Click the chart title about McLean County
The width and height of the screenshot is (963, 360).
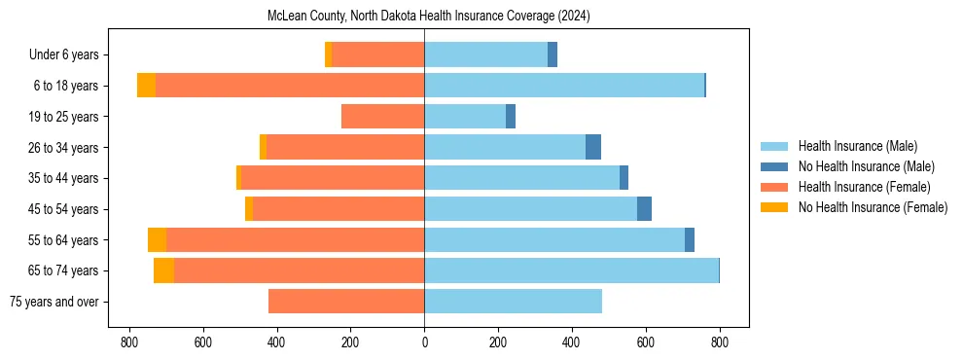click(428, 17)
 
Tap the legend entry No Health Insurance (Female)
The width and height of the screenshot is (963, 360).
click(873, 207)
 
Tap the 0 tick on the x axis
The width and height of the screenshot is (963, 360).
click(424, 342)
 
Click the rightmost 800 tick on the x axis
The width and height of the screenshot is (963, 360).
click(719, 342)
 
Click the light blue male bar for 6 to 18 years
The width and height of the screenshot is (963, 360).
click(564, 86)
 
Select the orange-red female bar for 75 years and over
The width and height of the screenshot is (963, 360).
click(346, 302)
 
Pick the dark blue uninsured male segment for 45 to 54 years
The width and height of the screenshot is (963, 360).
click(644, 209)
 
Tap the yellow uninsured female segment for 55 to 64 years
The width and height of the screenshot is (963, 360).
click(157, 240)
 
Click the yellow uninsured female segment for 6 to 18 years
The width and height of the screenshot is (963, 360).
click(146, 86)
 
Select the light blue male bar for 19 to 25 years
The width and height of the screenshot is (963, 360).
click(465, 117)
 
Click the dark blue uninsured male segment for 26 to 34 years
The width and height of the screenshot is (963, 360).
click(593, 148)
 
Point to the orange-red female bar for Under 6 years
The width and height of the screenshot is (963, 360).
click(377, 55)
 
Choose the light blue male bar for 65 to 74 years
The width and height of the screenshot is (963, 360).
click(571, 270)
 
